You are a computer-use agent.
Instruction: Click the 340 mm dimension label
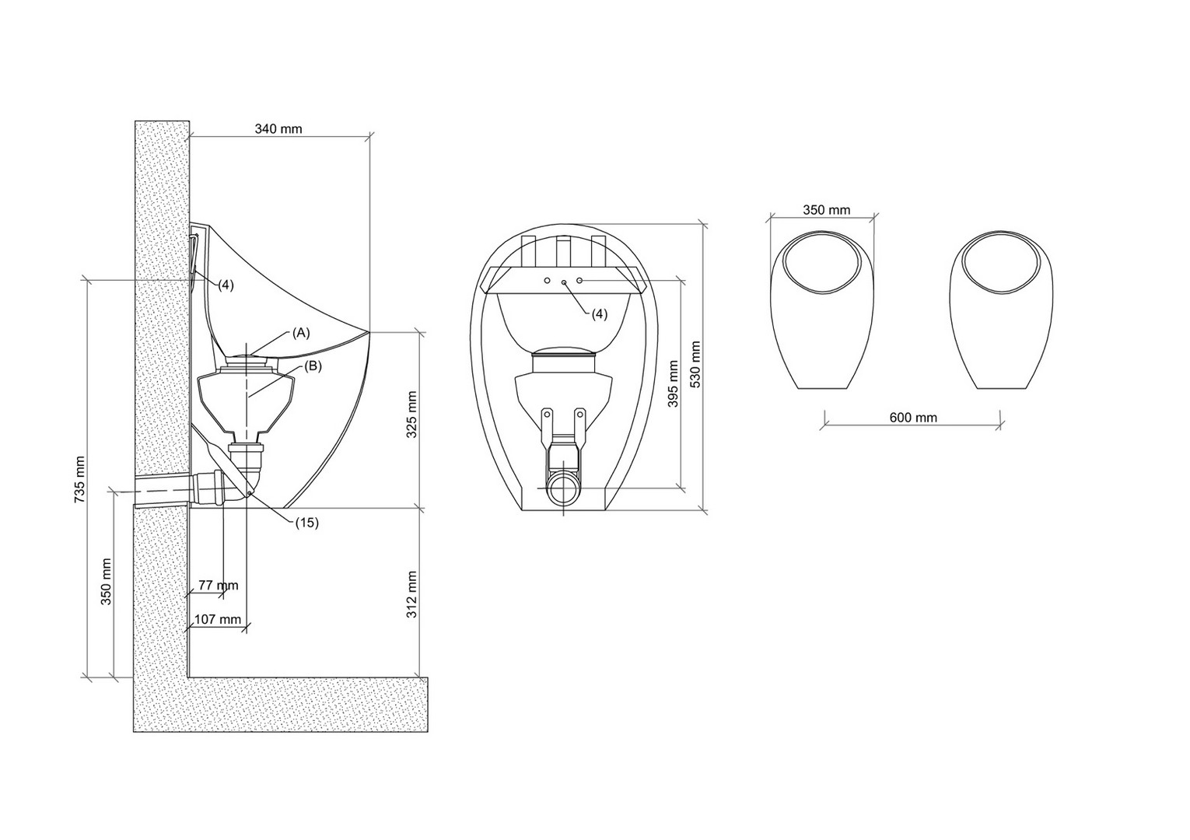pyautogui.click(x=278, y=129)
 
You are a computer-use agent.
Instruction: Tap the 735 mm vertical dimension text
pyautogui.click(x=79, y=480)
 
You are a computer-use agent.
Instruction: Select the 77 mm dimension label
pyautogui.click(x=219, y=586)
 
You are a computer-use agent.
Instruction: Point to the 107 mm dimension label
pyautogui.click(x=218, y=620)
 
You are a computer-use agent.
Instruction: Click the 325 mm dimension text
pyautogui.click(x=411, y=415)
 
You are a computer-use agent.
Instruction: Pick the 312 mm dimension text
pyautogui.click(x=411, y=594)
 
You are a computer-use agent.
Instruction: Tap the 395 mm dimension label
pyautogui.click(x=673, y=383)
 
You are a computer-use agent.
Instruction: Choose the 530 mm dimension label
pyautogui.click(x=695, y=365)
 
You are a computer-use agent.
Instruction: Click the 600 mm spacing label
pyautogui.click(x=913, y=418)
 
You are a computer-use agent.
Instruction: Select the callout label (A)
pyautogui.click(x=301, y=333)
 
